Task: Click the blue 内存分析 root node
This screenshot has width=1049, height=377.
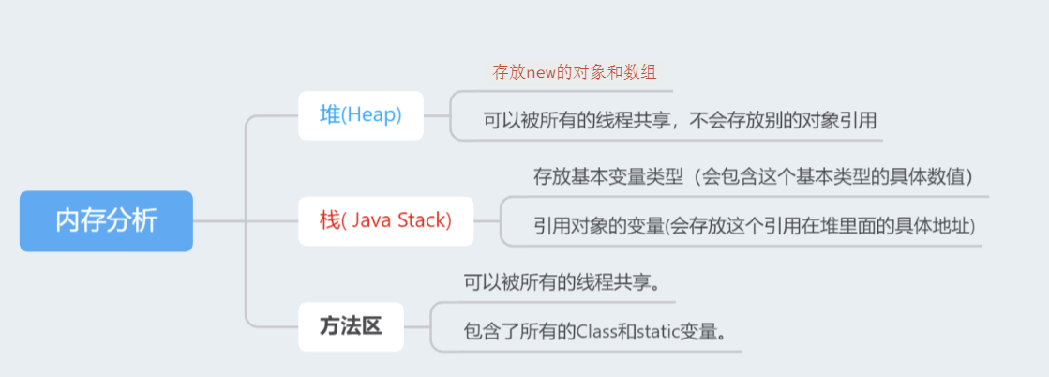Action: click(x=106, y=221)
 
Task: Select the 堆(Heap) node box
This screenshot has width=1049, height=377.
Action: click(x=360, y=115)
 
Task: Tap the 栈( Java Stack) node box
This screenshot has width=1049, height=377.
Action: click(x=385, y=221)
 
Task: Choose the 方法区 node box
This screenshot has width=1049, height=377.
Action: click(x=351, y=326)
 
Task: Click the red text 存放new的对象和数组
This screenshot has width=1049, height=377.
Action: click(x=581, y=71)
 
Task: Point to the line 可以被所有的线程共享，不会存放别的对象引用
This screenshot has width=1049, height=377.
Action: click(x=680, y=120)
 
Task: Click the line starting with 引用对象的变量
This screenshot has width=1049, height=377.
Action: click(x=755, y=226)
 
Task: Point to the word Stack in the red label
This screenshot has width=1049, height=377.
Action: click(x=422, y=221)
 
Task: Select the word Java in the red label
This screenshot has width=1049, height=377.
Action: click(x=372, y=221)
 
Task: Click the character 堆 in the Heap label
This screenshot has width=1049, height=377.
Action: click(x=330, y=115)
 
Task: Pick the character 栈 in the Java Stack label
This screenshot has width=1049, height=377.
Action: click(x=329, y=221)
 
